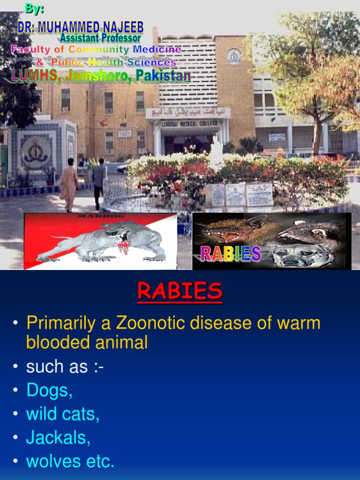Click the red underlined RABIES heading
(x=180, y=292)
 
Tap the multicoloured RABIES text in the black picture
(x=231, y=254)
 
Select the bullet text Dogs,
(x=49, y=390)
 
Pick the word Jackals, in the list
(x=58, y=437)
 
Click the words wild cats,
(x=63, y=414)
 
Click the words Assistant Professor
(x=100, y=37)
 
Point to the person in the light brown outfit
(x=69, y=184)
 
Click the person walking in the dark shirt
(x=99, y=182)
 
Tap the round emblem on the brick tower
(x=233, y=57)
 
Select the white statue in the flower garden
(x=216, y=152)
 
